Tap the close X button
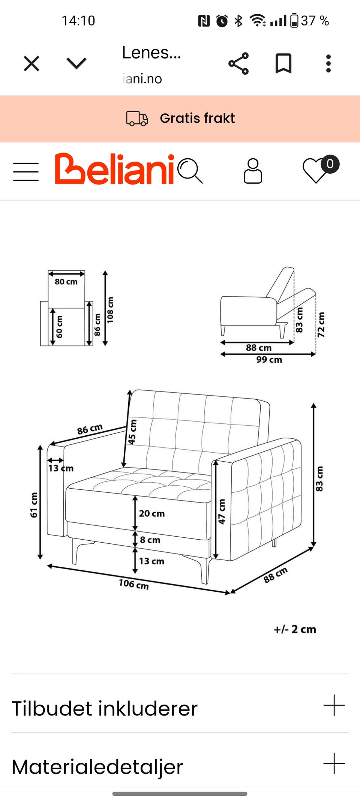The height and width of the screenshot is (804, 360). point(31,63)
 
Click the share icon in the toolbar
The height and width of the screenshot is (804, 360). point(238,63)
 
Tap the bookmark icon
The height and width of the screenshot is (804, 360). point(283,63)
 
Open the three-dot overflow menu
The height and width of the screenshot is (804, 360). point(328,63)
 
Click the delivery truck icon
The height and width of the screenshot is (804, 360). point(137,118)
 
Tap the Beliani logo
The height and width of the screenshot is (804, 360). point(114,169)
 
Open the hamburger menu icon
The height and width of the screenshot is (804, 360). point(26,172)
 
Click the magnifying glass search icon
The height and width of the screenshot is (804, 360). point(190,171)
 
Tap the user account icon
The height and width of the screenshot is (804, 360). point(253,171)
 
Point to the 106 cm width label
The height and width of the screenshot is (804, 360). point(134,584)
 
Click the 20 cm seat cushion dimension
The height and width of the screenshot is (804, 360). point(152,513)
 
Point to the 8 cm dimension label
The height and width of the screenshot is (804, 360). point(150,540)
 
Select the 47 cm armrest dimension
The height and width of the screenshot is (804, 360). point(222,511)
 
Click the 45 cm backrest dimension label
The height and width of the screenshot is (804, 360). point(132,432)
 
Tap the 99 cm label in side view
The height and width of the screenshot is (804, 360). point(269,360)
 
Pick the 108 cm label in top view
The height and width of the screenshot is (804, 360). point(110,310)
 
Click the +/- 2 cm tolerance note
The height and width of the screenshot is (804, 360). point(295,629)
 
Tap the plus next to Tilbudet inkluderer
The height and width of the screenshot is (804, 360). point(334,705)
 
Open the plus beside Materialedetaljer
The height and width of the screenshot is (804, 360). point(334,763)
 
